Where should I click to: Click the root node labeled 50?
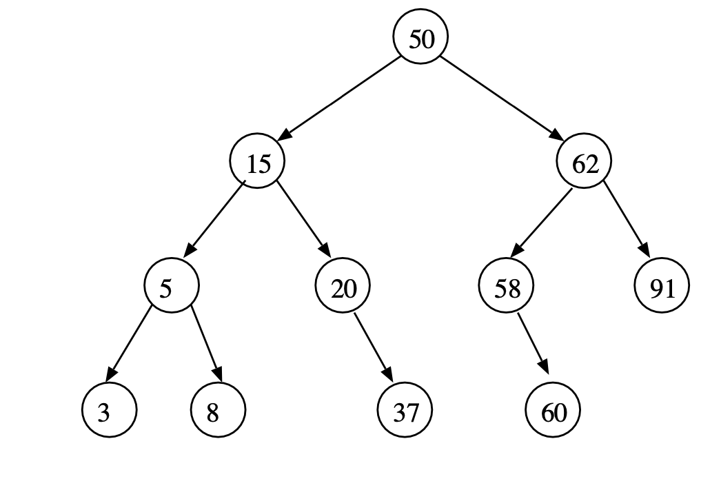click(x=420, y=39)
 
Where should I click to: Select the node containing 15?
click(x=256, y=163)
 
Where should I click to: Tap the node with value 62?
click(x=584, y=163)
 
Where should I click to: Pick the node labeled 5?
click(x=171, y=287)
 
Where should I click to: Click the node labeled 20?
click(x=343, y=287)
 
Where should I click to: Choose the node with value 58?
click(x=507, y=287)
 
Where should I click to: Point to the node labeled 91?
click(x=662, y=287)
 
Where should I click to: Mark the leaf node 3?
click(x=109, y=412)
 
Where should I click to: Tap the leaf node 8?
click(x=217, y=412)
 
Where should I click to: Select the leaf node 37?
click(x=405, y=412)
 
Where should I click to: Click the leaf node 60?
click(x=553, y=412)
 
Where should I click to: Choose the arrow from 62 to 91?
click(x=626, y=220)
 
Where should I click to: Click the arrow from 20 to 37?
click(x=373, y=348)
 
